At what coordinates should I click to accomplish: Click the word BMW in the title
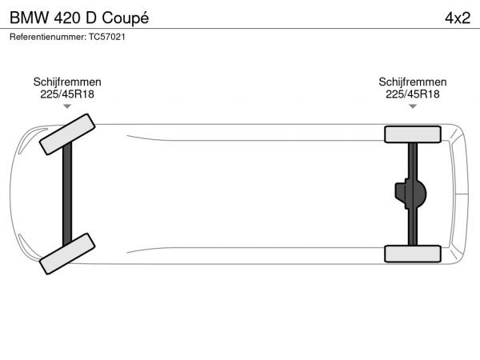point(30,18)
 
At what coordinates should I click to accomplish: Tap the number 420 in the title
point(67,18)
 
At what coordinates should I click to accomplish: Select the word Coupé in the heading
point(126,18)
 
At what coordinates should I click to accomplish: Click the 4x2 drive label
point(458,18)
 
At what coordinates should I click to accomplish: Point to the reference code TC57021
point(107,37)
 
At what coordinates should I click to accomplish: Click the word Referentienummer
point(48,37)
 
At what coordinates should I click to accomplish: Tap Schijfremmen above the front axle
point(67,82)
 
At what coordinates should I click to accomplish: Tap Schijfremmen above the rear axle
point(413,82)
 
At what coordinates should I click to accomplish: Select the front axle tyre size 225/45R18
point(67,94)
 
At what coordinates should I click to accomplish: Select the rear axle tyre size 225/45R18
point(413,94)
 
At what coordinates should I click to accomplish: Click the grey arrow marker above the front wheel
point(67,106)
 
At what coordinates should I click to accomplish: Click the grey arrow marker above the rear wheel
point(413,106)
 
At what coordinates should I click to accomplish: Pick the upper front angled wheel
point(67,134)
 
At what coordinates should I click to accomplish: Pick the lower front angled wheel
point(67,254)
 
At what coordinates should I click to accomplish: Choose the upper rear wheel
point(413,134)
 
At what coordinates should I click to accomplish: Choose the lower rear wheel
point(413,254)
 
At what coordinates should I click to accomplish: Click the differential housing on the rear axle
point(410,194)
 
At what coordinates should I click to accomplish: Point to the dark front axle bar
point(67,194)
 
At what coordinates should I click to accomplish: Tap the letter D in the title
point(91,18)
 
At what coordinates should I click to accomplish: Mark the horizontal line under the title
point(240,29)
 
